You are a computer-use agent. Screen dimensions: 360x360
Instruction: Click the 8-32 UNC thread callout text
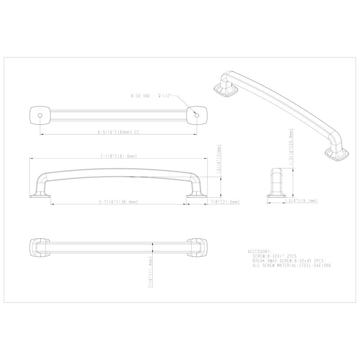[151, 96]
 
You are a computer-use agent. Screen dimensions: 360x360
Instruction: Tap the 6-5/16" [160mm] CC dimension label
[118, 132]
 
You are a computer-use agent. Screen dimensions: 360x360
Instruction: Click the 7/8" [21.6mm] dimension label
[224, 202]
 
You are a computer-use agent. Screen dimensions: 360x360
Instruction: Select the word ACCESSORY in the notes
[260, 251]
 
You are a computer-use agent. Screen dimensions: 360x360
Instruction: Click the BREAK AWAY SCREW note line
[288, 260]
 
